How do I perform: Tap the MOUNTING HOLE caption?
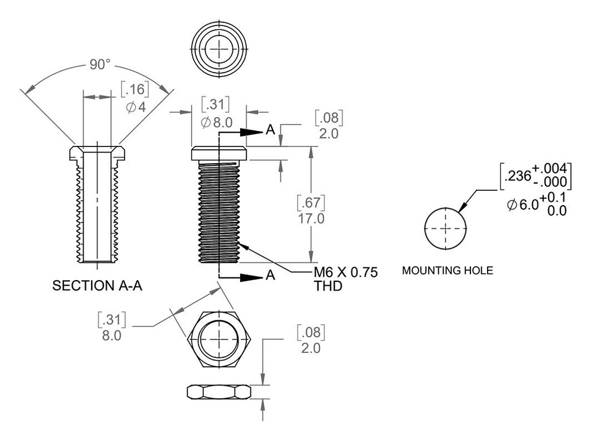[448, 270]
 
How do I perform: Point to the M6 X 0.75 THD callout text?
[346, 279]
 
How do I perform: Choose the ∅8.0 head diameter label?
[215, 122]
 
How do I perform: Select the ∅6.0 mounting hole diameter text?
[523, 205]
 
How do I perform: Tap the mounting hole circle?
[446, 228]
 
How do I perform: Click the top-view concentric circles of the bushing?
[219, 50]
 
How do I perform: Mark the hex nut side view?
[219, 391]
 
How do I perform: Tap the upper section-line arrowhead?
[252, 131]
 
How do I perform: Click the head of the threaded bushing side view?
[219, 153]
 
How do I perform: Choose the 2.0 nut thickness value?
[311, 349]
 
